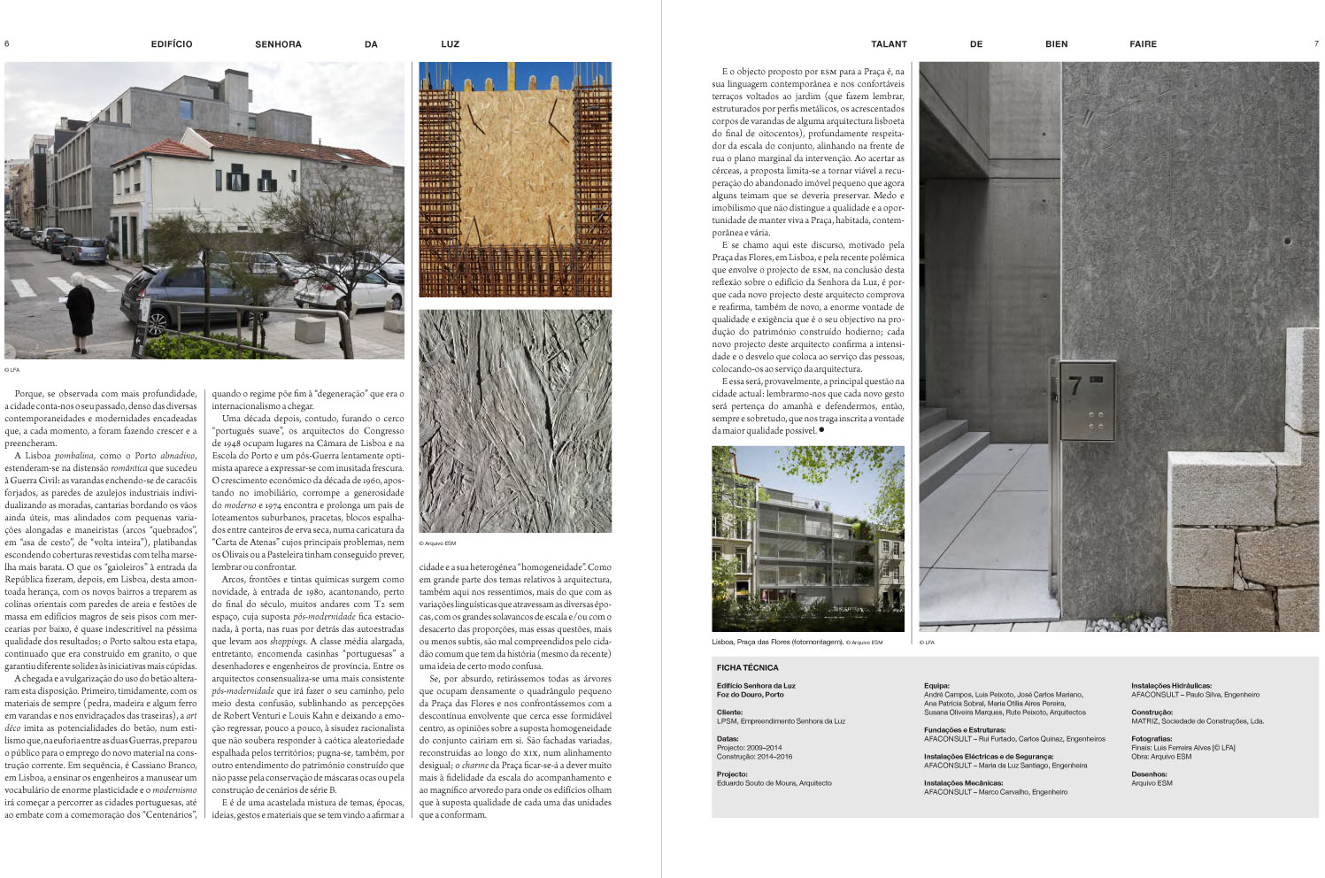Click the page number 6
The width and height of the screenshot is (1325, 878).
click(x=7, y=43)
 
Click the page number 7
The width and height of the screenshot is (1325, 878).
click(x=1315, y=43)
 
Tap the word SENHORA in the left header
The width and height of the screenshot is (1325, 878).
click(x=278, y=44)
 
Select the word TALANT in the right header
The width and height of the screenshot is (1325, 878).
click(x=889, y=44)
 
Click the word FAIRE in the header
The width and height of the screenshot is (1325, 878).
click(x=1143, y=44)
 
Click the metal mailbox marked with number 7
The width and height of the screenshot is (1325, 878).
click(x=1087, y=400)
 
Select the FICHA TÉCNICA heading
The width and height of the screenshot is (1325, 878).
click(x=747, y=668)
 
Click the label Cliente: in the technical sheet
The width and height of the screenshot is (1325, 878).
click(x=730, y=712)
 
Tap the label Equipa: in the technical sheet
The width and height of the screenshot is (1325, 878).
click(x=936, y=686)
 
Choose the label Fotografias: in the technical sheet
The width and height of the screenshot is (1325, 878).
click(x=1152, y=739)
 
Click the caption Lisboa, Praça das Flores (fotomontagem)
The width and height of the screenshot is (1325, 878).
click(x=777, y=643)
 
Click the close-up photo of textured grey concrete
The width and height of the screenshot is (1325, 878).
click(x=514, y=420)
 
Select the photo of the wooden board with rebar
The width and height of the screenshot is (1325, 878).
click(x=514, y=179)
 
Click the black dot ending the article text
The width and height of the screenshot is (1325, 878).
click(x=821, y=430)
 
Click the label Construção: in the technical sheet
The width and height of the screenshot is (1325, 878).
click(x=1152, y=712)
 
